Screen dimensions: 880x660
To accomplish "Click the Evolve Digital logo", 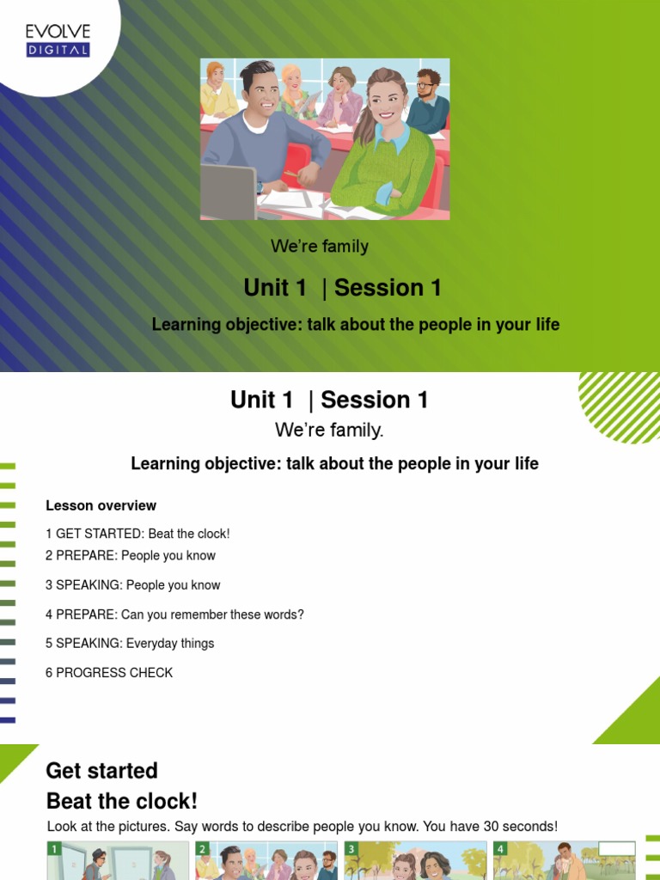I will [58, 40].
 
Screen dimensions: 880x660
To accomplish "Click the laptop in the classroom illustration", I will [228, 191].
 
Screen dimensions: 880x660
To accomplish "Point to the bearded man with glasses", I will [427, 101].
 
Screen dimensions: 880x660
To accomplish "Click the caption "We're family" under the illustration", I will [320, 247].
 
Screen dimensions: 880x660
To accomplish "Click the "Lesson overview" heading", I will [101, 505].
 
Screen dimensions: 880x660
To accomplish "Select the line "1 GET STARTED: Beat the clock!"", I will [137, 534].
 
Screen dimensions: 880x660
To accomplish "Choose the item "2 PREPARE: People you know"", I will [131, 556].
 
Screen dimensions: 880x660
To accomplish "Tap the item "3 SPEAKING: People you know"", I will [133, 585].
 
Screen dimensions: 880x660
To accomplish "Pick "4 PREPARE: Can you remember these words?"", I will [174, 614].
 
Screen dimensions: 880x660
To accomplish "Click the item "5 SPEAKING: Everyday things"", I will [130, 644].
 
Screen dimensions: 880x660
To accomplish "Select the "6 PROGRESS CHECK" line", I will [109, 673].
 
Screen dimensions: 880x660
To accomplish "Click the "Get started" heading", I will [101, 771].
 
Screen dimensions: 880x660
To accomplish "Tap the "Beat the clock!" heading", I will [122, 802].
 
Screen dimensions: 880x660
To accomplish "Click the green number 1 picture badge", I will [54, 849].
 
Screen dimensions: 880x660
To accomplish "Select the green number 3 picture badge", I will [351, 849].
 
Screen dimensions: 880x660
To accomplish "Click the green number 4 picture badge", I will [501, 849].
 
